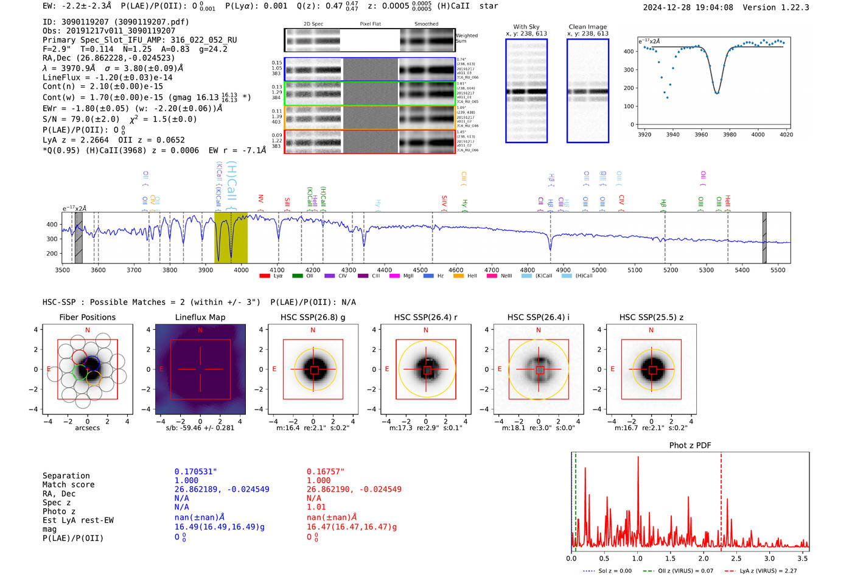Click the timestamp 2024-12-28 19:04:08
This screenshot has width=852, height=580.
pyautogui.click(x=688, y=8)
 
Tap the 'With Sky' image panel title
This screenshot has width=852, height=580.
pyautogui.click(x=526, y=27)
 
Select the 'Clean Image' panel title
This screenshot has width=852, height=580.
pyautogui.click(x=587, y=27)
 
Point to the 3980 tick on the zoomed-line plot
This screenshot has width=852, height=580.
pyautogui.click(x=729, y=135)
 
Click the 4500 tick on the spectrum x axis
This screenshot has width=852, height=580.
pyautogui.click(x=420, y=270)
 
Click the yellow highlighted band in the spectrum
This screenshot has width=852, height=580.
pyautogui.click(x=231, y=237)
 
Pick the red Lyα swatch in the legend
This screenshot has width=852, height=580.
pyautogui.click(x=265, y=276)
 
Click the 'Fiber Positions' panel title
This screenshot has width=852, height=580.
pyautogui.click(x=87, y=317)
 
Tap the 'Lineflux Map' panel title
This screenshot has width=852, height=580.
pyautogui.click(x=200, y=317)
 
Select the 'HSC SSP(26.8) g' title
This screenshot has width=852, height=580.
pyautogui.click(x=312, y=317)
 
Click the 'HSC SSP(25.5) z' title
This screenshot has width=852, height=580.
pyautogui.click(x=651, y=317)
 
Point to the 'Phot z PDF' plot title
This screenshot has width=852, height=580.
pyautogui.click(x=690, y=445)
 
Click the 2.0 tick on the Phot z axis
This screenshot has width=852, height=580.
pyautogui.click(x=704, y=558)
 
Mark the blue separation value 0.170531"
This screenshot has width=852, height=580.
pyautogui.click(x=195, y=472)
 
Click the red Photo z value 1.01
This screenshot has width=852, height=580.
pyautogui.click(x=316, y=507)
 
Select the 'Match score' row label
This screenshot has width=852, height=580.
pyautogui.click(x=68, y=484)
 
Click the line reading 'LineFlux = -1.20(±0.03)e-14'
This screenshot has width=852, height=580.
pyautogui.click(x=107, y=77)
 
